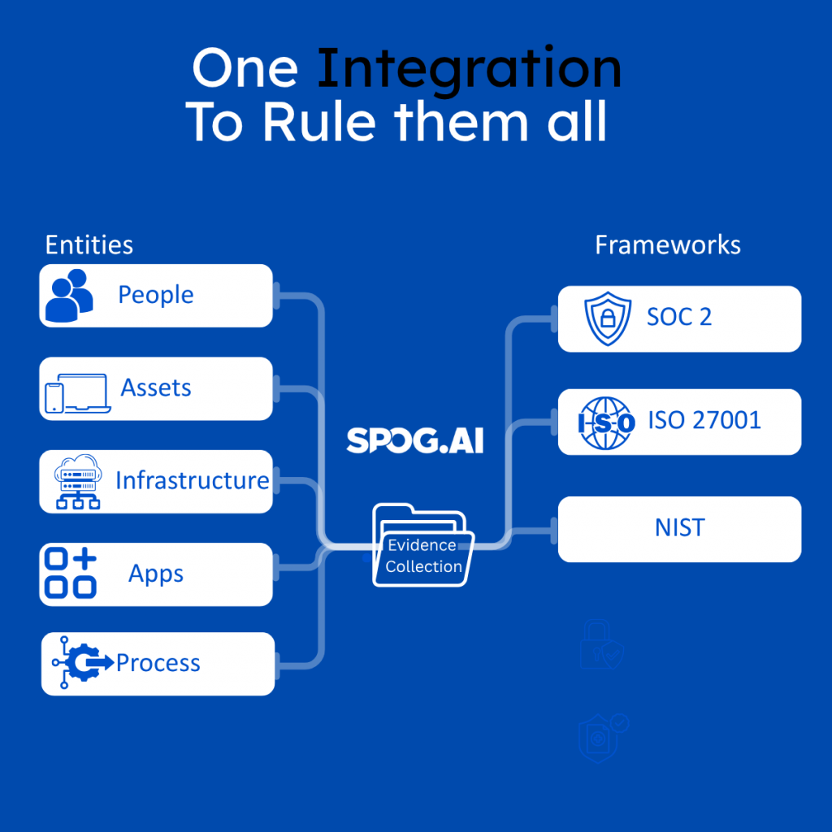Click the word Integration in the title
click(x=469, y=71)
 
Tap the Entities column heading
click(x=89, y=245)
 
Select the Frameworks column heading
click(x=668, y=245)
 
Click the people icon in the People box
click(x=69, y=296)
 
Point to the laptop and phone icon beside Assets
click(x=77, y=393)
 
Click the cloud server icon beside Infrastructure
click(x=78, y=481)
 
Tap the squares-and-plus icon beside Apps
click(x=71, y=573)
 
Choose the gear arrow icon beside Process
click(x=83, y=662)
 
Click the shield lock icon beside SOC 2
click(x=608, y=318)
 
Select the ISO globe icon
click(x=606, y=422)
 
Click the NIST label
click(x=680, y=527)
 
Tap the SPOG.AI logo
click(x=415, y=440)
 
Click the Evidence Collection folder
click(x=422, y=545)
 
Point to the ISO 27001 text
click(x=704, y=420)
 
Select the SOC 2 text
click(x=679, y=317)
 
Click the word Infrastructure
click(x=192, y=480)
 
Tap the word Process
click(x=158, y=663)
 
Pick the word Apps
click(x=156, y=574)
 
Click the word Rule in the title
click(x=319, y=122)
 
